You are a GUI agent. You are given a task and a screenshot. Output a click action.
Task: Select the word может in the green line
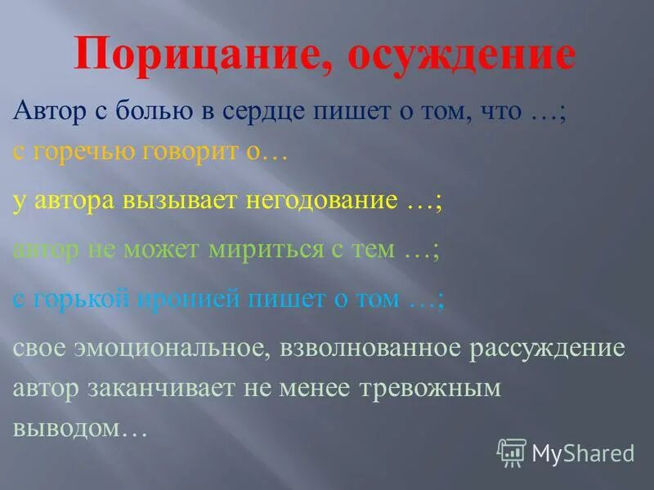coord(163,250)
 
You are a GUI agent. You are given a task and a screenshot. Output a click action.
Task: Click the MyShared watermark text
coord(583,452)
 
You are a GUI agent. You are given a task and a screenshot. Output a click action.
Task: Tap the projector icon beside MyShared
coord(512,452)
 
